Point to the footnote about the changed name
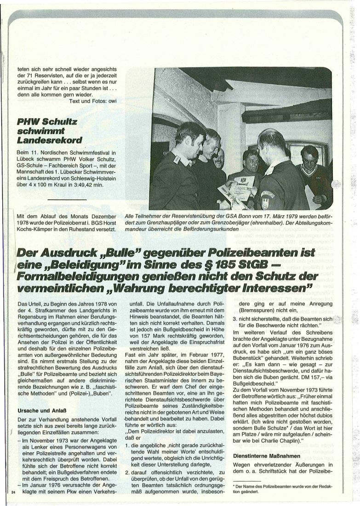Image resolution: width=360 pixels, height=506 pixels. click(x=294, y=489)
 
